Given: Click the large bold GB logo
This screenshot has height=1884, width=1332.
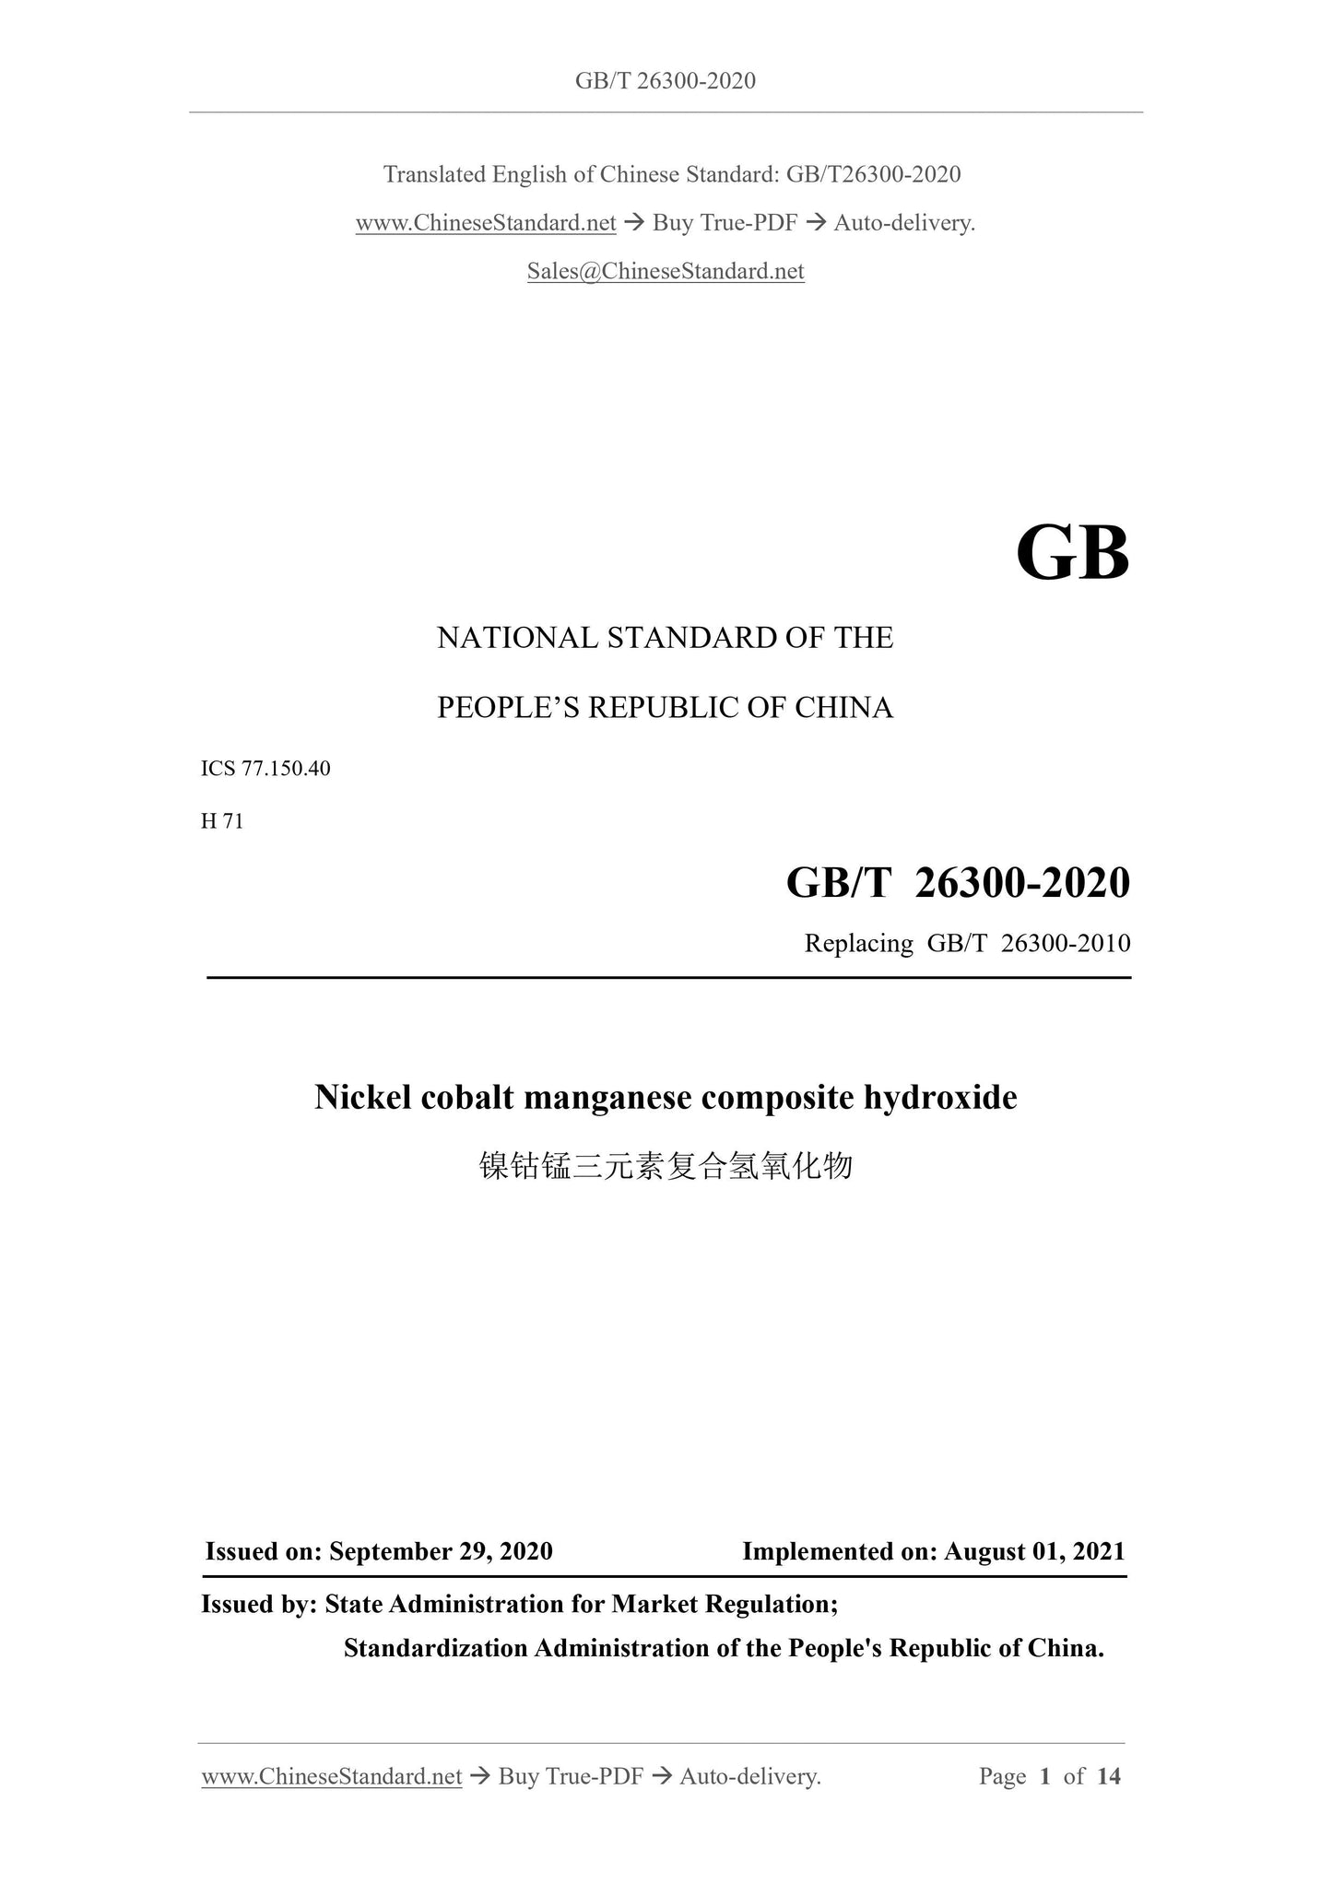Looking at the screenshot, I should (1072, 554).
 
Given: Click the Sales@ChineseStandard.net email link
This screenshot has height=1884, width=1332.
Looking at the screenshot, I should (666, 271).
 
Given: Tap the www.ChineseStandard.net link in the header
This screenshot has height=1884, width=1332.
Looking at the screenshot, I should (486, 223).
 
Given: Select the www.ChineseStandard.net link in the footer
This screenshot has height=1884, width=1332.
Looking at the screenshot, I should (332, 1776).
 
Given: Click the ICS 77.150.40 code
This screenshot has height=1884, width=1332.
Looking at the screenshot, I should (265, 769).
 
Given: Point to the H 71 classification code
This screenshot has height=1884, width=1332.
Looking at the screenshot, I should (222, 821).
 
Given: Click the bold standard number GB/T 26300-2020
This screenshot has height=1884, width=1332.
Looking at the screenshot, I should (958, 883).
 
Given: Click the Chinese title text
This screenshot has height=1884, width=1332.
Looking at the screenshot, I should (666, 1167).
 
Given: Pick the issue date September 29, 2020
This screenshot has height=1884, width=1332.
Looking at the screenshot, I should (441, 1551).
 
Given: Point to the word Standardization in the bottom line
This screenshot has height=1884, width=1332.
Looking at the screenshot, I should (436, 1648).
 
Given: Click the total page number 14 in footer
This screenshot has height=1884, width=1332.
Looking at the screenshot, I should (1109, 1776).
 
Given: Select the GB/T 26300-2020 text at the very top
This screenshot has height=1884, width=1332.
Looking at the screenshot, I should (666, 81).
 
